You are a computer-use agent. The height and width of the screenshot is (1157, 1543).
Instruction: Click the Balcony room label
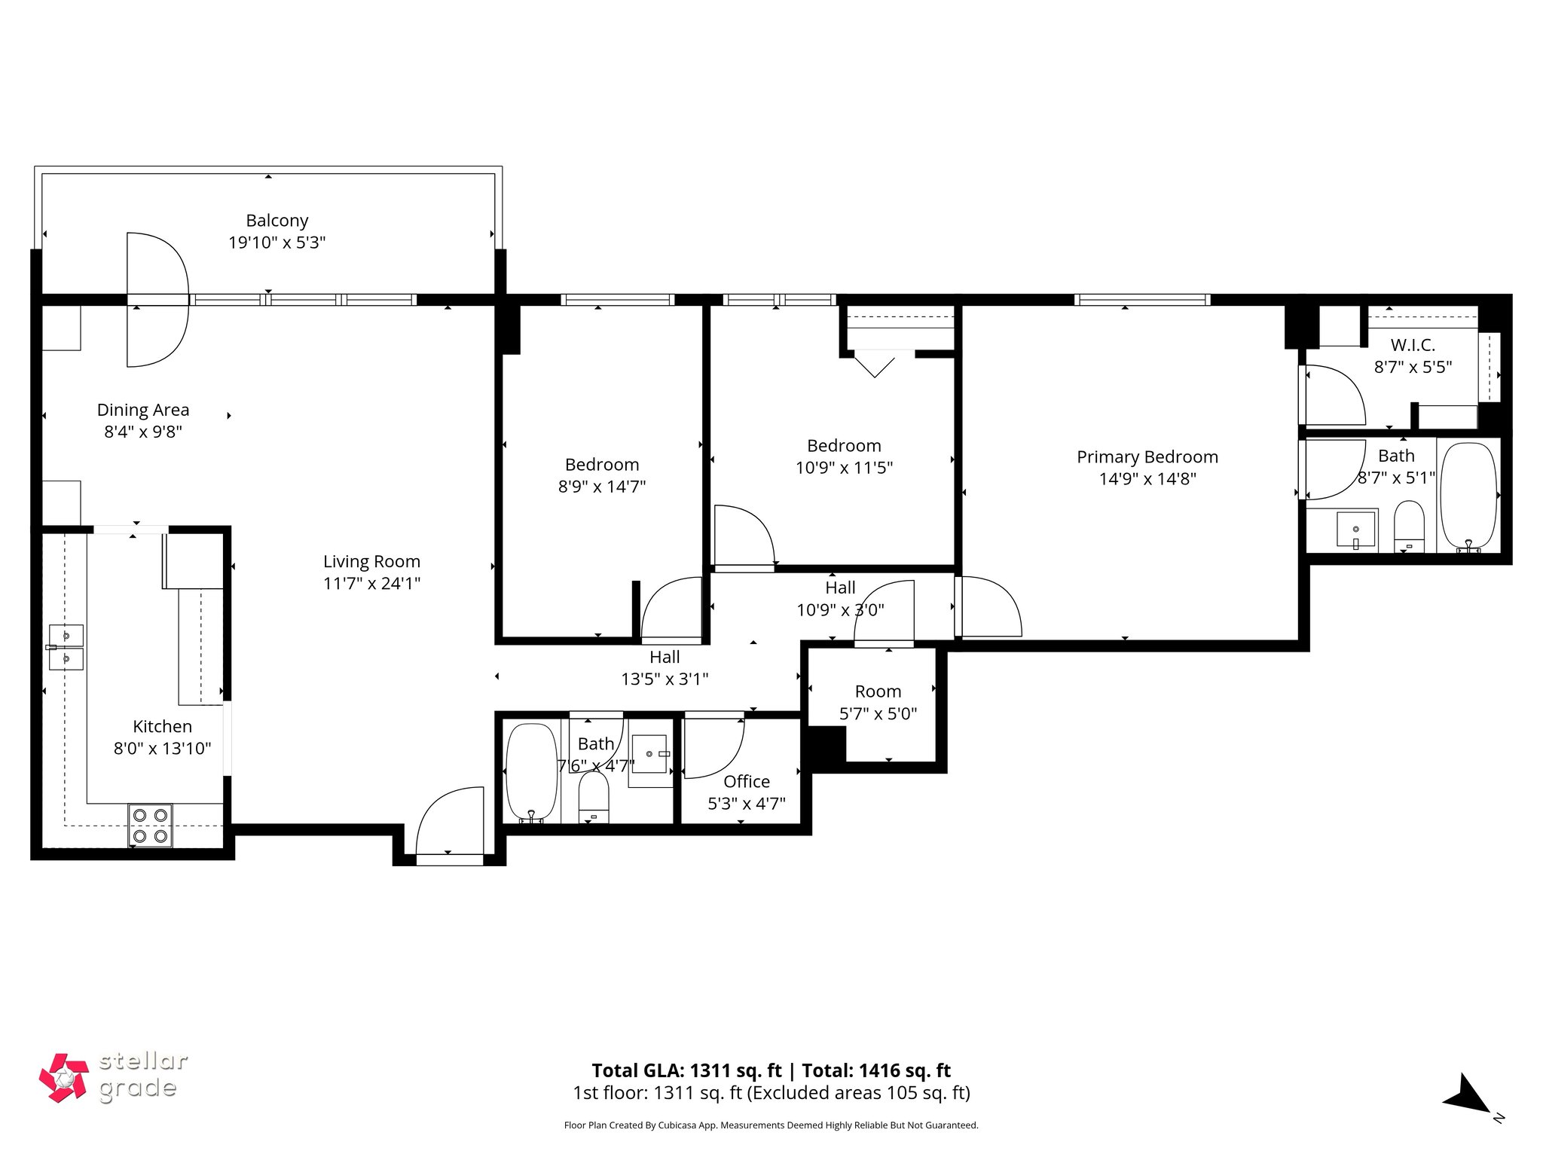click(x=277, y=221)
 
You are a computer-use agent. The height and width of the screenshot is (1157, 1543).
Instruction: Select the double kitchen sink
click(x=66, y=647)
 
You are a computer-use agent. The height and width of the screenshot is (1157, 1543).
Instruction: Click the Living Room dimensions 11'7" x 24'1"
click(x=371, y=583)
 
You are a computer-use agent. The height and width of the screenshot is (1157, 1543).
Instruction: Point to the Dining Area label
click(x=143, y=410)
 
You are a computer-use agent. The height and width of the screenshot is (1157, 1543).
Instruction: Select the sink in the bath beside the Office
click(x=649, y=754)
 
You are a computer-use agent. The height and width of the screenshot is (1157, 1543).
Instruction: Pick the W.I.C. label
click(x=1413, y=346)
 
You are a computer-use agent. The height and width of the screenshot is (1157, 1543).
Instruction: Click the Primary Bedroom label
click(x=1147, y=457)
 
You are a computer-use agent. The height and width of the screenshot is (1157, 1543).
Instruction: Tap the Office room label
click(x=746, y=782)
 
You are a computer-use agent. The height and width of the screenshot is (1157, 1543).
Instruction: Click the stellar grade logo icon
click(x=64, y=1078)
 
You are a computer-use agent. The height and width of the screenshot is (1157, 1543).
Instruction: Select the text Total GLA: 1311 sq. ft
click(x=686, y=1070)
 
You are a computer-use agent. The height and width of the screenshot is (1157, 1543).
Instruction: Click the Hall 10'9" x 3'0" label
click(x=840, y=599)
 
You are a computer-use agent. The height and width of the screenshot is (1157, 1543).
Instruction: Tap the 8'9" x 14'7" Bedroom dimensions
click(x=601, y=487)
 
